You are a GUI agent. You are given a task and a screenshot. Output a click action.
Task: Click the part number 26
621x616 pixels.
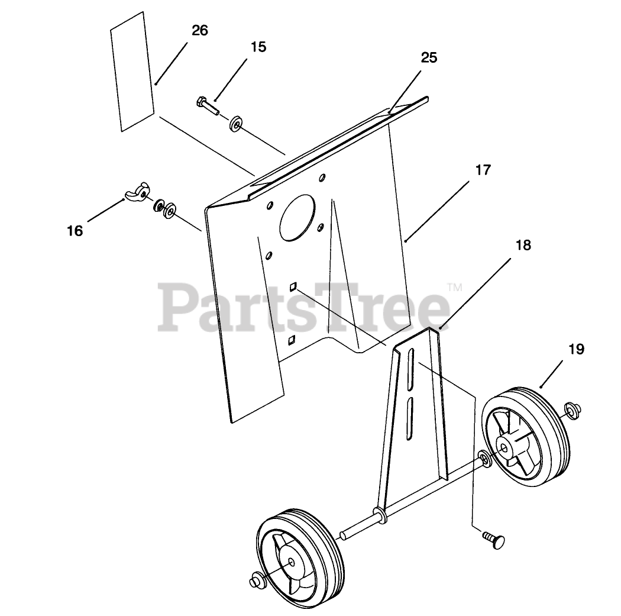point(200,31)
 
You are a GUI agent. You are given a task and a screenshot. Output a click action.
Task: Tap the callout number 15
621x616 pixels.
point(258,47)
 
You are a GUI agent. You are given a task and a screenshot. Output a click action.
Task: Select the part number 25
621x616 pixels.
point(429,57)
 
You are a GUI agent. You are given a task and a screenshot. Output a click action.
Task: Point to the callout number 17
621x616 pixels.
point(483,170)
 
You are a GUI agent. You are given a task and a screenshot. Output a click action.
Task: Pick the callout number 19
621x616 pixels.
point(576,349)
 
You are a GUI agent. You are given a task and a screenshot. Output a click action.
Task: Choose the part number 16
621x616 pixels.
point(75,231)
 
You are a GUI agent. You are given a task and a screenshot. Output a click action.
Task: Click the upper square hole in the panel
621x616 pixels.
point(293,287)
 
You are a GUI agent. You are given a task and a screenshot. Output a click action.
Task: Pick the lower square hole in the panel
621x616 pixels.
point(292,340)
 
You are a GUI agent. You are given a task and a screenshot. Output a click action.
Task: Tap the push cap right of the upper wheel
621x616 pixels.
point(573,409)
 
